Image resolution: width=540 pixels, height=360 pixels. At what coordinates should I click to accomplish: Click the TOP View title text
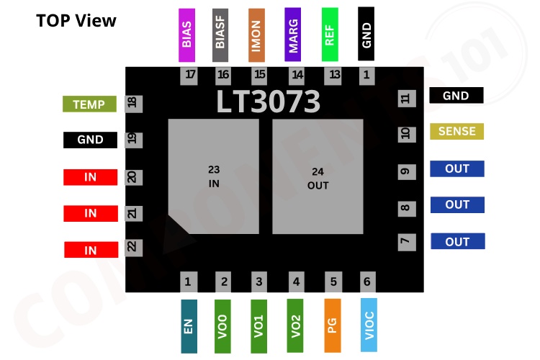(x=76, y=20)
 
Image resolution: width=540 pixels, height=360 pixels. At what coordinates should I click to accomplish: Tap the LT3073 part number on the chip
(x=269, y=102)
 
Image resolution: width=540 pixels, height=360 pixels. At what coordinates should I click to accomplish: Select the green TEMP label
(x=89, y=104)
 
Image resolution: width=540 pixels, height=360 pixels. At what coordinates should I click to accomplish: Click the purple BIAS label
(x=187, y=35)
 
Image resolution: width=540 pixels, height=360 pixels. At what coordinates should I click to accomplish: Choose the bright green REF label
(x=330, y=35)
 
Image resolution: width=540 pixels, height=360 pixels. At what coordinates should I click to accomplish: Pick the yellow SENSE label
(x=456, y=132)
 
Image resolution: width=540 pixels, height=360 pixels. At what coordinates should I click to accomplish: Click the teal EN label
(x=189, y=326)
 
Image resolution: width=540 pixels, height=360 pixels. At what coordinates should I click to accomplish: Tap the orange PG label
(x=332, y=325)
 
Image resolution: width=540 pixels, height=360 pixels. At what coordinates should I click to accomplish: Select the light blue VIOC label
(x=367, y=325)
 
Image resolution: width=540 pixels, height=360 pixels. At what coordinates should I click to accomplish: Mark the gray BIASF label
(x=221, y=35)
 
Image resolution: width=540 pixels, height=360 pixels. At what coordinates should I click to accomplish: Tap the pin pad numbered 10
(x=405, y=134)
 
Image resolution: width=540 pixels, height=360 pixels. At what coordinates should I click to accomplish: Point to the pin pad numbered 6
(x=367, y=282)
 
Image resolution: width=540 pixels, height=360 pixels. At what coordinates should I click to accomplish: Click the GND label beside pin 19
(x=90, y=140)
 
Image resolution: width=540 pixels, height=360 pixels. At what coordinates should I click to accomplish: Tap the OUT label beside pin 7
(x=457, y=242)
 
